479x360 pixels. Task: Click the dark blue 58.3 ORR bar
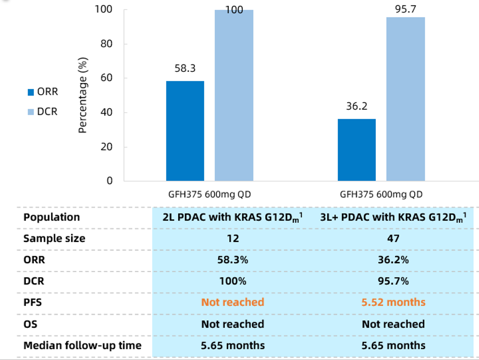point(185,131)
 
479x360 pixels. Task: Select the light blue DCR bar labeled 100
point(234,95)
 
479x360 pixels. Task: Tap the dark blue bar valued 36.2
point(357,150)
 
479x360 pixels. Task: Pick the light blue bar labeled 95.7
point(406,99)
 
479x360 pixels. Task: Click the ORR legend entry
point(43,92)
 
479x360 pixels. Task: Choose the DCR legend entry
point(43,112)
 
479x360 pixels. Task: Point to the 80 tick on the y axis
point(107,44)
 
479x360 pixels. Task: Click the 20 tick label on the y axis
point(107,147)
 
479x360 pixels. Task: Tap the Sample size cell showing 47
point(393,238)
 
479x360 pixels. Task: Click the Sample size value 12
point(232,238)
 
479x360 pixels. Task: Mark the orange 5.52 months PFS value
point(393,302)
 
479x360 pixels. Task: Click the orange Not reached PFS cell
point(232,302)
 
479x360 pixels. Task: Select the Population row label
point(52,217)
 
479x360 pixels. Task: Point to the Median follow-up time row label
point(82,345)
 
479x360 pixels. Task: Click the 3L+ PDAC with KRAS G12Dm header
point(393,217)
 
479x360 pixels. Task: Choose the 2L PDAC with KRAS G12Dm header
point(232,217)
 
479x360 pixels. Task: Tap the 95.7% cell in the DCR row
point(393,281)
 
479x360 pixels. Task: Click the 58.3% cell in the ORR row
point(232,259)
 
